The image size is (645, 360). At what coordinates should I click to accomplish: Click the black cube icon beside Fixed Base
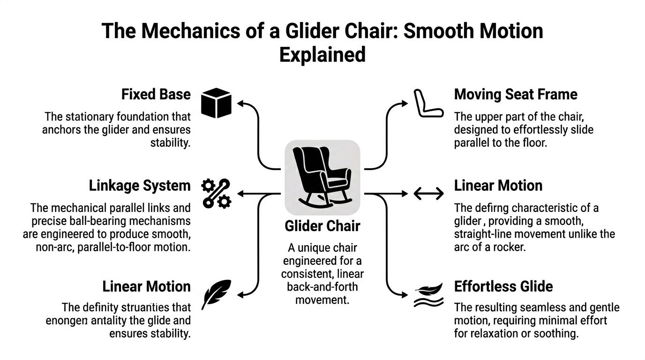(x=216, y=103)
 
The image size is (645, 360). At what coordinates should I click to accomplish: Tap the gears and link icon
(x=216, y=193)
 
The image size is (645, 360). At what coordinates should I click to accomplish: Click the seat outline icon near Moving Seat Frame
(x=428, y=104)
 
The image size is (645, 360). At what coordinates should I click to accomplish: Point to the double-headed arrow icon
(x=428, y=193)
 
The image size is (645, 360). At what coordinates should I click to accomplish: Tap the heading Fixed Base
(x=156, y=95)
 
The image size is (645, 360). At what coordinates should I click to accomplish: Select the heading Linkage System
(x=140, y=186)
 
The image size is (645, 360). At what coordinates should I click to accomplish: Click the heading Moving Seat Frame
(x=516, y=95)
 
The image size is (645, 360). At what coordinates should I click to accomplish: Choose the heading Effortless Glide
(x=503, y=286)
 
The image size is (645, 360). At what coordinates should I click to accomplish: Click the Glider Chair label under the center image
(x=322, y=226)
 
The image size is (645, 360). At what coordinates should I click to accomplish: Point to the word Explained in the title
(x=322, y=54)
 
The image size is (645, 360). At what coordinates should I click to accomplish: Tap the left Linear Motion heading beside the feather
(x=146, y=286)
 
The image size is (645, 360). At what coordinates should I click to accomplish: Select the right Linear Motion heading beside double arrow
(x=498, y=186)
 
